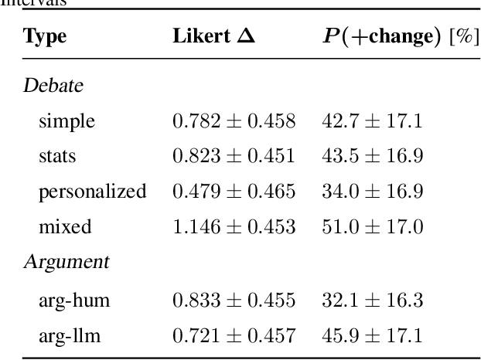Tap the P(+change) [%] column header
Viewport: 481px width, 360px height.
[398, 38]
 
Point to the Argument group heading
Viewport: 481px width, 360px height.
[66, 262]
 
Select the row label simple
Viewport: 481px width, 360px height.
[67, 121]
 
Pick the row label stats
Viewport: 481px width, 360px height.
[57, 157]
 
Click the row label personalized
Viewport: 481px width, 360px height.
[93, 192]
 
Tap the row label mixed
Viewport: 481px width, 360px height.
[65, 227]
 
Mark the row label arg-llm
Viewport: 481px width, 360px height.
[70, 334]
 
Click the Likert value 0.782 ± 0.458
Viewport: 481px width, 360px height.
[234, 121]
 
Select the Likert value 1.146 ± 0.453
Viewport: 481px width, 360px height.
[234, 227]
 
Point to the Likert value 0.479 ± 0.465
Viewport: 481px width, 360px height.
[234, 192]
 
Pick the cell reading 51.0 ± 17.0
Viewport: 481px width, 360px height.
[372, 227]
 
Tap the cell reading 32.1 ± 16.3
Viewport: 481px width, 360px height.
[372, 298]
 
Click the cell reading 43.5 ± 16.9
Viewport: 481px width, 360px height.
[372, 157]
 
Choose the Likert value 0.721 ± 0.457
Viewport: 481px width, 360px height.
[234, 334]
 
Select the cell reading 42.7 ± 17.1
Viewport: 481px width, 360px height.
[372, 121]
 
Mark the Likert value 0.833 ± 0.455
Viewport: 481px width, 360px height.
[234, 298]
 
